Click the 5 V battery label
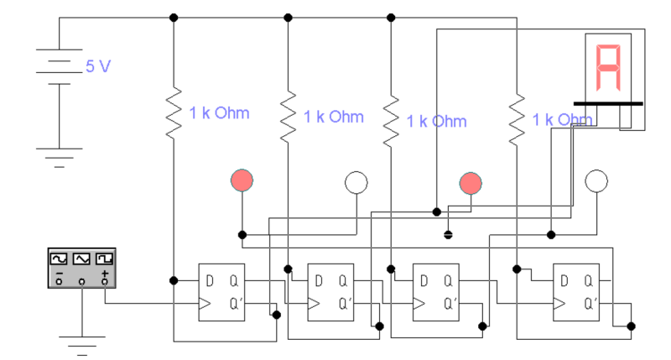pos(97,66)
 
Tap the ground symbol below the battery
pos(59,157)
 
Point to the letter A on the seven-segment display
pos(608,68)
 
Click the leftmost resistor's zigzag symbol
pos(173,112)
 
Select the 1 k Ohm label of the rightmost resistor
pos(563,120)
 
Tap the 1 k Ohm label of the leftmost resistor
pos(219,113)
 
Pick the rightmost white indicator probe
pos(596,180)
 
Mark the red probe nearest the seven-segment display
pos(471,181)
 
